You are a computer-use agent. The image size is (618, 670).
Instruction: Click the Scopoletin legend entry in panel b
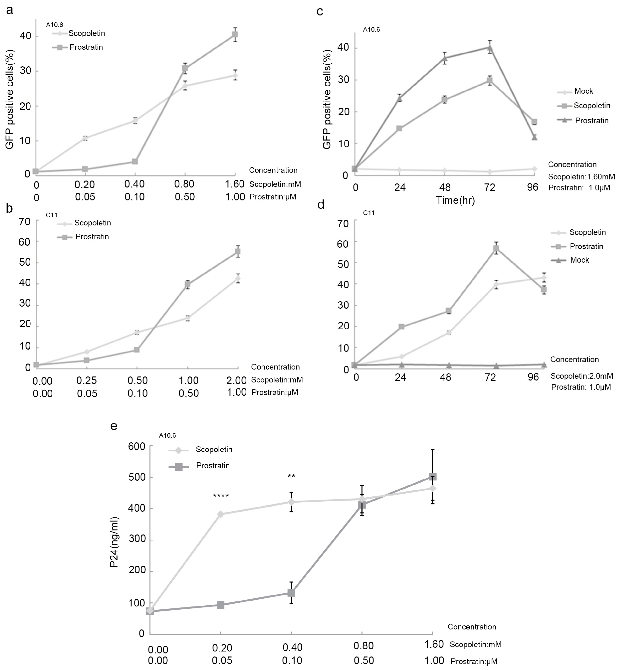pos(92,223)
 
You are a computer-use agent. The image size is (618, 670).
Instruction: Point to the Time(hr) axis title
pos(455,200)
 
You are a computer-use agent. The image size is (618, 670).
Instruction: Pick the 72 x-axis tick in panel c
pos(490,187)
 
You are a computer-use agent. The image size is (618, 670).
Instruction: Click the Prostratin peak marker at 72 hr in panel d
pos(496,248)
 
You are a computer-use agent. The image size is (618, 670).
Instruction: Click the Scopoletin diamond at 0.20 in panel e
pos(221,514)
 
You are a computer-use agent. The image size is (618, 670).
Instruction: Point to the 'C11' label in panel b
pos(52,215)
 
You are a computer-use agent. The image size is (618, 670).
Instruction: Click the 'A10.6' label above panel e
pos(167,435)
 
